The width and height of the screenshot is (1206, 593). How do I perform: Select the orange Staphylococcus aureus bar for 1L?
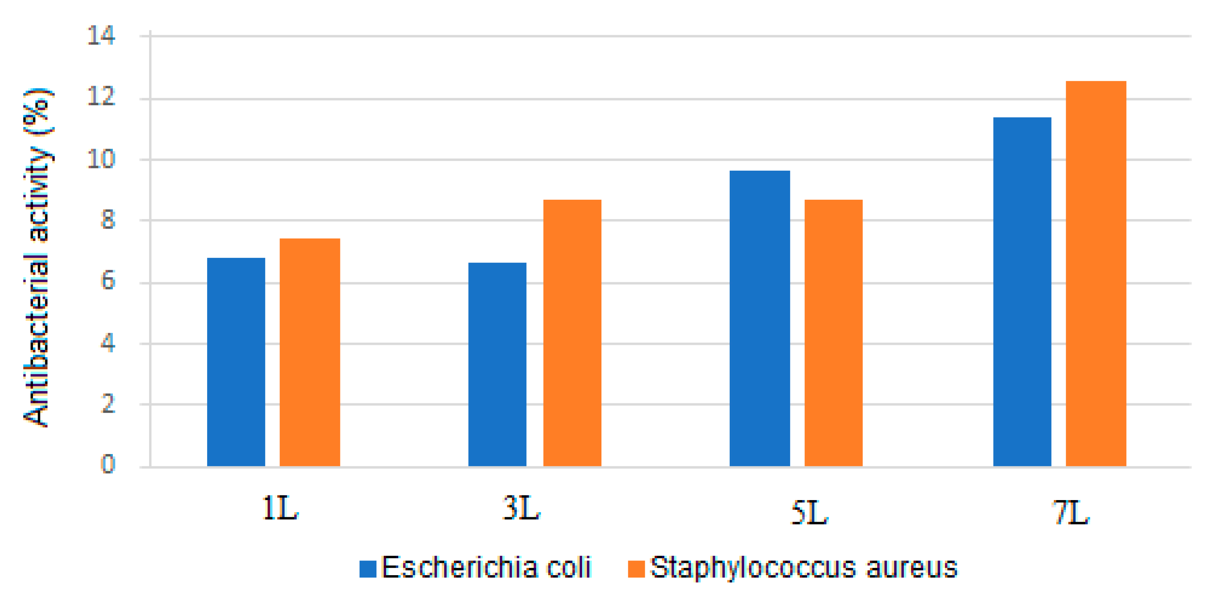tap(309, 352)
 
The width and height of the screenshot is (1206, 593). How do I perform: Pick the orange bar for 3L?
tap(572, 333)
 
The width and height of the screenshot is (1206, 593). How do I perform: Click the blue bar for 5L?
tap(759, 318)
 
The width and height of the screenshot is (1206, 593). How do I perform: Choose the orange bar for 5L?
tap(833, 333)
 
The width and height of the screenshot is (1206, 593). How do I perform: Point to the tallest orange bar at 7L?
tap(1096, 273)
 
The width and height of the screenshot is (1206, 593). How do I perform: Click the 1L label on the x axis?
tap(280, 508)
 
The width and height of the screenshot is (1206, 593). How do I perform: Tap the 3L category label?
tap(521, 508)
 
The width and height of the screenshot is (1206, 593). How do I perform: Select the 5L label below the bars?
tap(809, 513)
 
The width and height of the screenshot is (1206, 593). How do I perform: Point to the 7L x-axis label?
tap(1071, 513)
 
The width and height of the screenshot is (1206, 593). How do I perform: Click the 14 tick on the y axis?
tap(101, 36)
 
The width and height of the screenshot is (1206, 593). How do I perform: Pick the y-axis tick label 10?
tap(101, 159)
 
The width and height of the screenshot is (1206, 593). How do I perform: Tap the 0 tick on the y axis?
tap(108, 465)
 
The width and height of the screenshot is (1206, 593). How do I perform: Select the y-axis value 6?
tap(108, 281)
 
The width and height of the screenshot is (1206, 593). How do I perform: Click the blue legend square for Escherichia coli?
tap(368, 569)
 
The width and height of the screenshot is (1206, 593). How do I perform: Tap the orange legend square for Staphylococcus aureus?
tap(636, 569)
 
